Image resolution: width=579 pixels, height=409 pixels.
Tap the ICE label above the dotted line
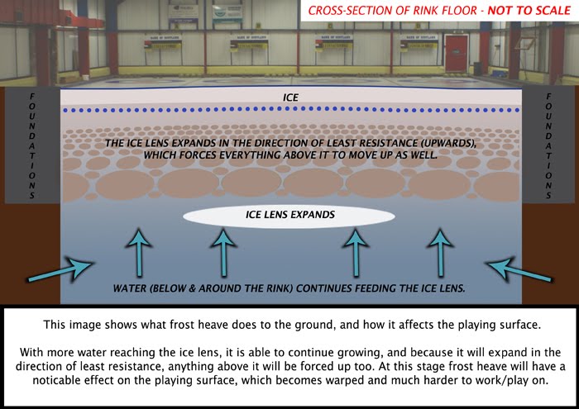coord(289,97)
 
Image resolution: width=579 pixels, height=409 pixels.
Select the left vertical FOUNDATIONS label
coord(32,145)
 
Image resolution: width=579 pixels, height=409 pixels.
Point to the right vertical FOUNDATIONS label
coord(548,145)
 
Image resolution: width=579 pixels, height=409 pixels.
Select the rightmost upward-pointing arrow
coord(438,251)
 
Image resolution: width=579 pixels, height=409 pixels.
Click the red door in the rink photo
coord(455,51)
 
